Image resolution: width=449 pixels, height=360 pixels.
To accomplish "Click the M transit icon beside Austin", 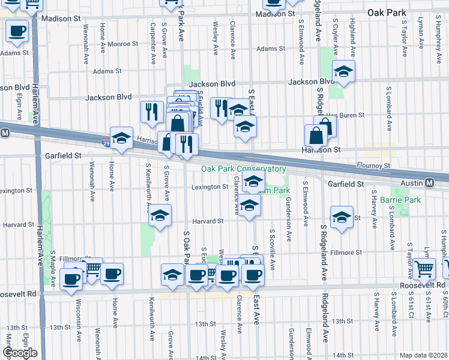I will (430, 183).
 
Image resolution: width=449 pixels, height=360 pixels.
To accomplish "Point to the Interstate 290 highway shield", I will (106, 143).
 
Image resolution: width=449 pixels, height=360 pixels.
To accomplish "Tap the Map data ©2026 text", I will (424, 355).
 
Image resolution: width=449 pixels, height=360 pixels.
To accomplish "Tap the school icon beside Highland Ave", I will (343, 72).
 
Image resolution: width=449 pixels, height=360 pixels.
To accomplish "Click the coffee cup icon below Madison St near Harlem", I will (17, 31).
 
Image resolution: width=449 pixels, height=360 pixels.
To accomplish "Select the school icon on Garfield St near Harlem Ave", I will (121, 139).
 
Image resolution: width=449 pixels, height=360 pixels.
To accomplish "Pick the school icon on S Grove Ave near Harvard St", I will (160, 215).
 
